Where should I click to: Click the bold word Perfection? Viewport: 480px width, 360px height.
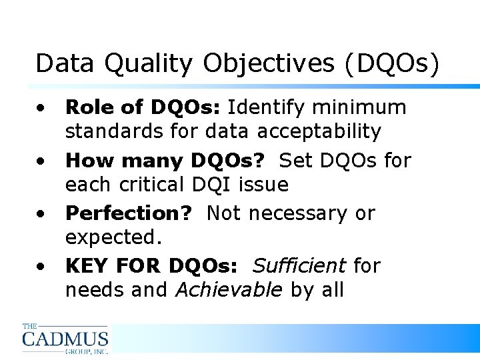(x=129, y=213)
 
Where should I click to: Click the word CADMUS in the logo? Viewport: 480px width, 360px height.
(x=65, y=338)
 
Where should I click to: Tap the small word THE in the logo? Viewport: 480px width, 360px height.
(x=30, y=326)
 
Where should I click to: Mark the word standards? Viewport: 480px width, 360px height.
(x=114, y=131)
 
